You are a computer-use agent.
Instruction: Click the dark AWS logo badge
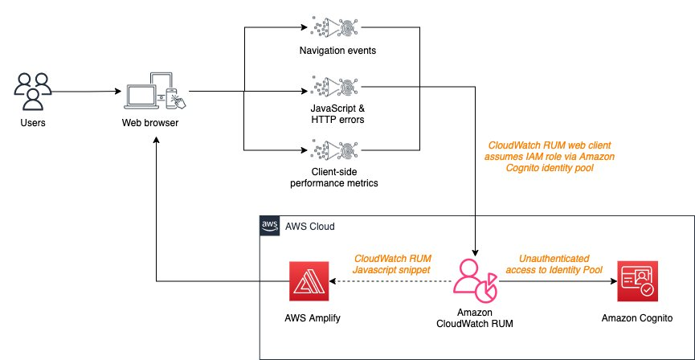click(x=269, y=226)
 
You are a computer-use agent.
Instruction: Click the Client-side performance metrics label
click(x=333, y=178)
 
